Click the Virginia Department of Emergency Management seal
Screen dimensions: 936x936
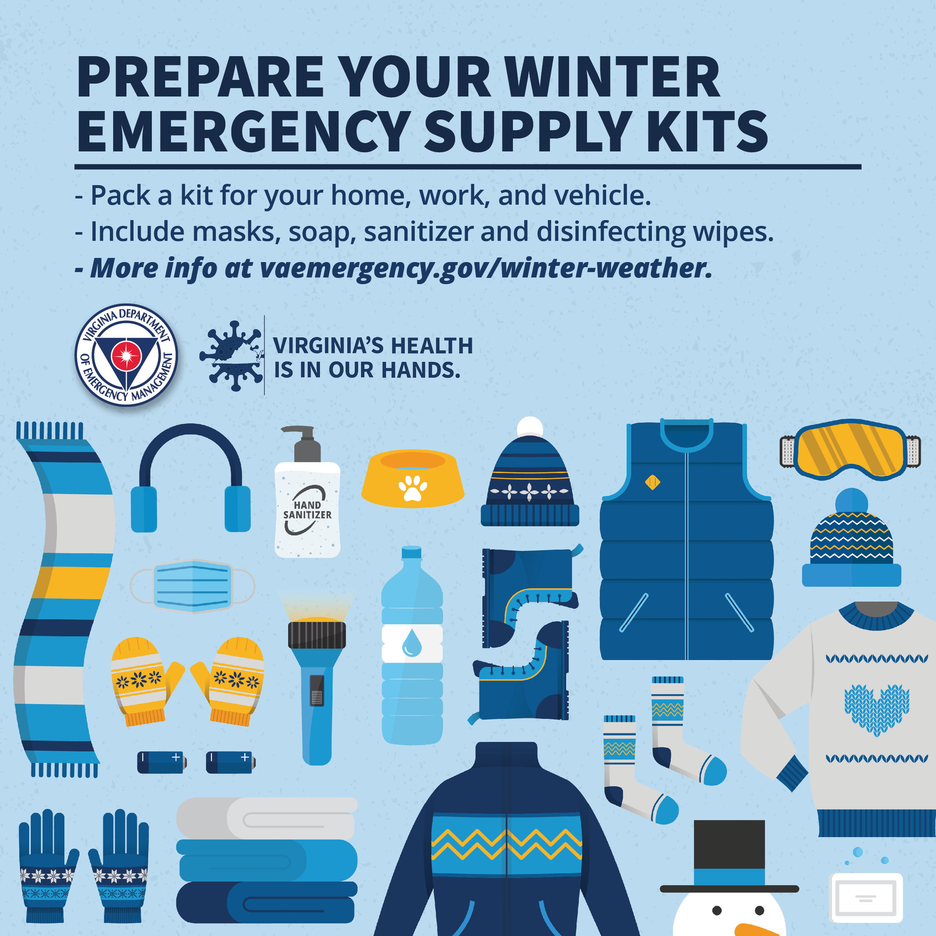[x=126, y=355]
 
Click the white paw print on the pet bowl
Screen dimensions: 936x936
[x=412, y=488]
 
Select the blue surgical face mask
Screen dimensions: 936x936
[x=192, y=586]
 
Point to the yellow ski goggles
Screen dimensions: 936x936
[x=850, y=449]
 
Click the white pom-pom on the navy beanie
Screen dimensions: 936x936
[x=530, y=427]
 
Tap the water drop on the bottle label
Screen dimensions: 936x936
[x=412, y=642]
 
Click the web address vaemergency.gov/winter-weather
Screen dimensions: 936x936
[x=486, y=268]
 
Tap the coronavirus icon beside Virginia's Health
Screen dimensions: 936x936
[x=232, y=356]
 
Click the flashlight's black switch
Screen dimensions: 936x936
[x=317, y=691]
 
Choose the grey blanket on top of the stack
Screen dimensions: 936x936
[x=267, y=818]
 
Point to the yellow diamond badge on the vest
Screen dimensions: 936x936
[x=653, y=482]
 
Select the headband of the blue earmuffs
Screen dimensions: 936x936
[x=191, y=451]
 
